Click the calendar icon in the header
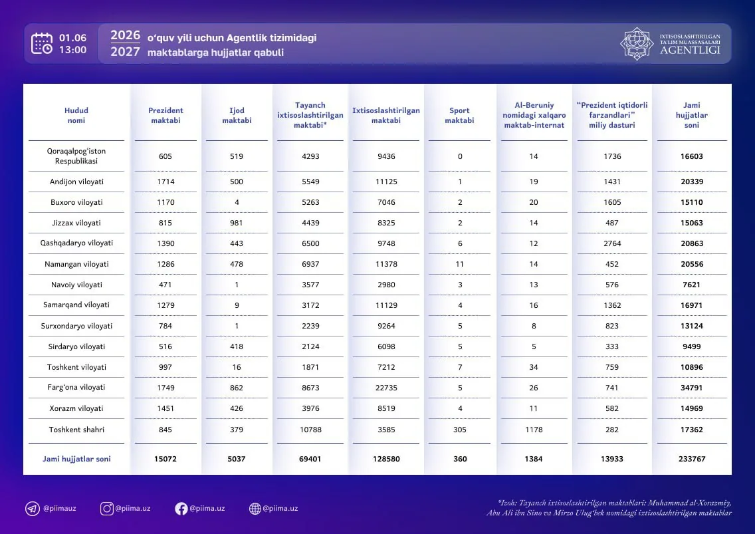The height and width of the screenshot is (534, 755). tap(42, 43)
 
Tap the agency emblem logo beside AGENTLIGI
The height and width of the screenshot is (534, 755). tap(637, 43)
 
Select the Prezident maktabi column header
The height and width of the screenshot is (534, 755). tap(165, 115)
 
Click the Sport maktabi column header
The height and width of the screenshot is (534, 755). tap(459, 115)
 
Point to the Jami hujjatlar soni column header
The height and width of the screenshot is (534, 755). tap(691, 115)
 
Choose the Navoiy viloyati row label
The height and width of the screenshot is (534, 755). tap(76, 285)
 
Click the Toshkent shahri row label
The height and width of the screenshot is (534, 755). tap(76, 430)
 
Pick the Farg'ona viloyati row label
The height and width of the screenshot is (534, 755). tap(76, 388)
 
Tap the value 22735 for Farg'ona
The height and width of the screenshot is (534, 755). tap(386, 388)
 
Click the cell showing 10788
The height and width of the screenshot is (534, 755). tap(310, 430)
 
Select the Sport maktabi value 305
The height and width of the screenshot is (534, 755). tap(460, 430)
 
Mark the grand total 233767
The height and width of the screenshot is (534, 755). tap(692, 459)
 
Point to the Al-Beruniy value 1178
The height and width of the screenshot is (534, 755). tap(534, 430)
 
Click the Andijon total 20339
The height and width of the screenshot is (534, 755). tap(692, 182)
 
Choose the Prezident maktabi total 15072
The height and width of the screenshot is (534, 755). tap(165, 459)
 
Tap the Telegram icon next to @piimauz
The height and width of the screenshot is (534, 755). tap(33, 509)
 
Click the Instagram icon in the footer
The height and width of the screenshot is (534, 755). tap(106, 509)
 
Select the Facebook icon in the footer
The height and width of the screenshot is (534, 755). tap(181, 509)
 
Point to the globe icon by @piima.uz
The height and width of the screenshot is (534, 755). tap(255, 509)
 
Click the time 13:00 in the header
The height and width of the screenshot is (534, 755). tap(72, 50)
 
